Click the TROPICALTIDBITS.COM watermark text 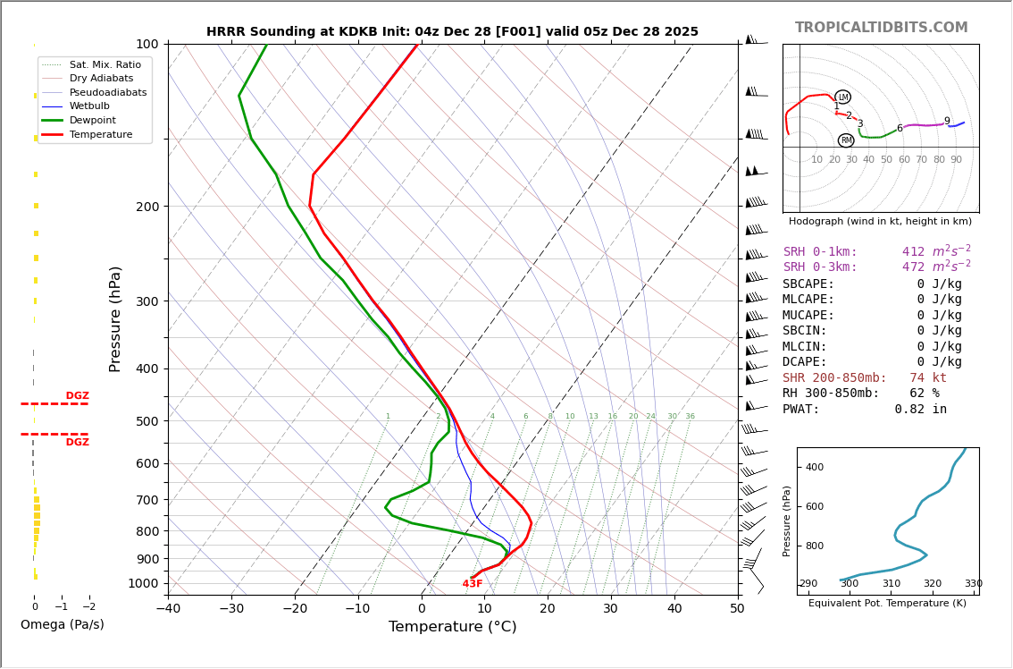[881, 28]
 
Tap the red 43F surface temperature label [473, 584]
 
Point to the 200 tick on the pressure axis [147, 207]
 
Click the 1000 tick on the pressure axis [143, 583]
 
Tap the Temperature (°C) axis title [452, 627]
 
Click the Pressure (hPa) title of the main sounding [116, 318]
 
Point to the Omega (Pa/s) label [63, 625]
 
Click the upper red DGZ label [77, 396]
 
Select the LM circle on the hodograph [843, 97]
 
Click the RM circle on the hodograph [846, 140]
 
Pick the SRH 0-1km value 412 [913, 252]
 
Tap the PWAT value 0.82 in [920, 410]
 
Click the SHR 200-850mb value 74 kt [928, 378]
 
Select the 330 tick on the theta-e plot [973, 584]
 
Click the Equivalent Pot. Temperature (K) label [887, 604]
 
